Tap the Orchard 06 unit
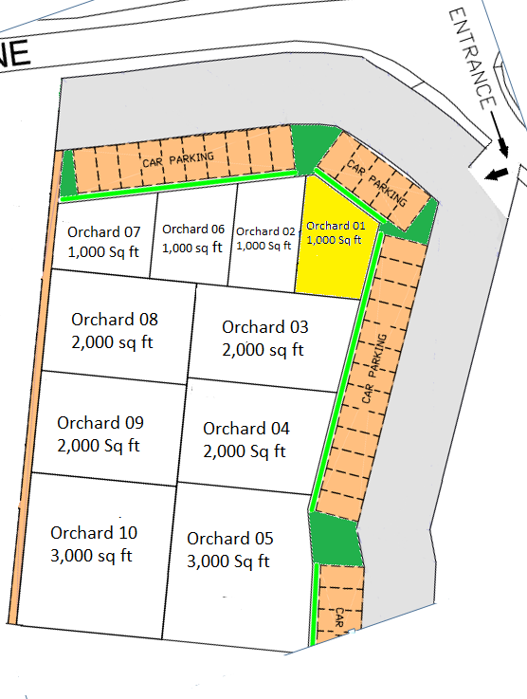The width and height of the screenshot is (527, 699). point(192,238)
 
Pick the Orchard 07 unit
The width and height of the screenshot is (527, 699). point(103,242)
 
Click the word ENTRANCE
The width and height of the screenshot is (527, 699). point(472,57)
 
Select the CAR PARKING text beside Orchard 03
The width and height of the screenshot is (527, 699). point(374,370)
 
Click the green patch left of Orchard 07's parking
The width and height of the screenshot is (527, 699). point(67,176)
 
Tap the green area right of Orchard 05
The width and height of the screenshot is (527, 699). point(337,540)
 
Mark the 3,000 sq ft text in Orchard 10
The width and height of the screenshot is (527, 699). point(91,555)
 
